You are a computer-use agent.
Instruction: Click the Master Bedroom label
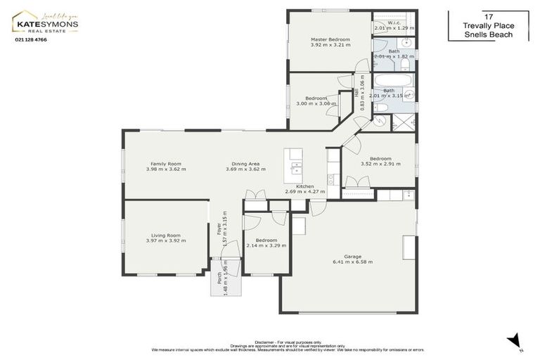pos(330,39)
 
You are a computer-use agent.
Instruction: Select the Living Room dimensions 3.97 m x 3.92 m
pos(166,241)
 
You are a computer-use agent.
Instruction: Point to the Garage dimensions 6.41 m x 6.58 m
pos(352,262)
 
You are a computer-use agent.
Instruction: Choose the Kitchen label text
pos(304,186)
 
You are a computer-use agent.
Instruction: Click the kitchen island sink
pos(296,169)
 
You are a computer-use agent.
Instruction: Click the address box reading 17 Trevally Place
pos(488,26)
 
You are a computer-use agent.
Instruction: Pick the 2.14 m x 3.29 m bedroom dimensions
pos(266,245)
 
